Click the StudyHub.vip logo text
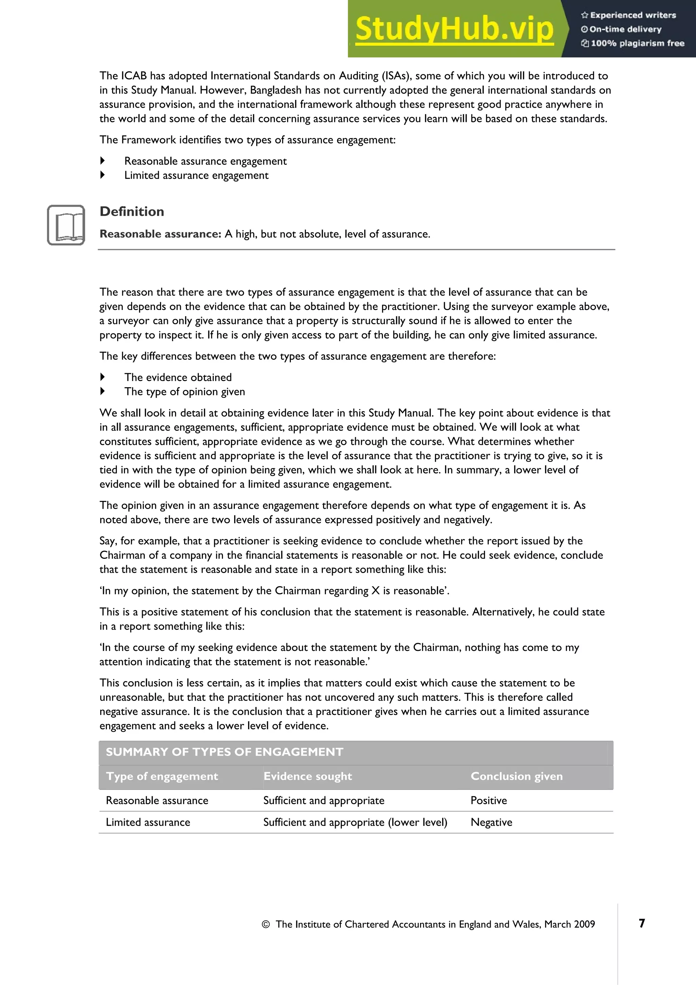point(454,29)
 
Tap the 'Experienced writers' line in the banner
point(629,15)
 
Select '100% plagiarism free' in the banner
point(633,43)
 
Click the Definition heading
point(132,211)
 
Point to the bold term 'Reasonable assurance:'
point(160,234)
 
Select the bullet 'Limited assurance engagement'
point(196,175)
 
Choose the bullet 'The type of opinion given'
point(185,392)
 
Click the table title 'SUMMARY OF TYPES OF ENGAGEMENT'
point(224,752)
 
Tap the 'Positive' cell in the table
point(488,800)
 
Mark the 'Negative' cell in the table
point(491,823)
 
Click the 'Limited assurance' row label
point(148,823)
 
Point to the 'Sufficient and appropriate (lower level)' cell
point(355,823)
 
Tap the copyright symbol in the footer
point(265,924)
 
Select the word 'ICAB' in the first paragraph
point(134,76)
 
